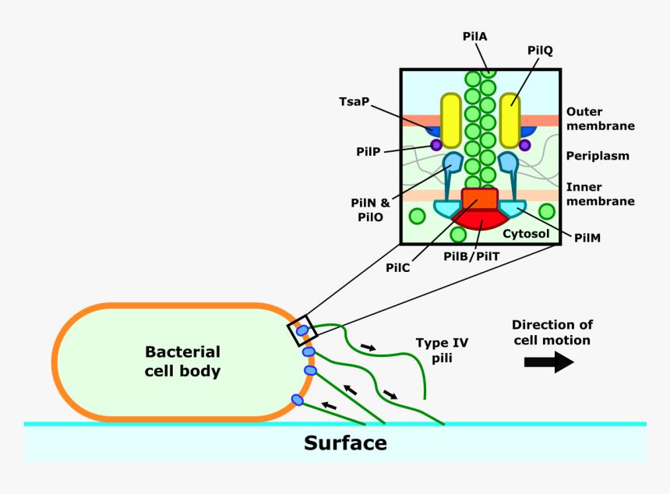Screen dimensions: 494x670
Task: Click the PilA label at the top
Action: pyautogui.click(x=474, y=37)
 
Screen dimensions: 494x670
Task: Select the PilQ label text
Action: pyautogui.click(x=539, y=51)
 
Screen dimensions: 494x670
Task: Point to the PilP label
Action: pyautogui.click(x=368, y=151)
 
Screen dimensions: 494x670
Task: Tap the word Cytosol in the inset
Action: pyautogui.click(x=526, y=233)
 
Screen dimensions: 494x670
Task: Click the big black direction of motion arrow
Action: pyautogui.click(x=548, y=362)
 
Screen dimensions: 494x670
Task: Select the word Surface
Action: pyautogui.click(x=345, y=443)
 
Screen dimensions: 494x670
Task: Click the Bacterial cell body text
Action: pyautogui.click(x=182, y=362)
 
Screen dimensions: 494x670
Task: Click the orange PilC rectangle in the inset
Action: pyautogui.click(x=479, y=199)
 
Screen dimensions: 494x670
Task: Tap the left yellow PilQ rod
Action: pyautogui.click(x=450, y=120)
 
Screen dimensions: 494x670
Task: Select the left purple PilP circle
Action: pyautogui.click(x=436, y=145)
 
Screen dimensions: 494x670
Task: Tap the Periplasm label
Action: pyautogui.click(x=598, y=156)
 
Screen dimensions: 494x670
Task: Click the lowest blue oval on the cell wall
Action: pyautogui.click(x=297, y=400)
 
